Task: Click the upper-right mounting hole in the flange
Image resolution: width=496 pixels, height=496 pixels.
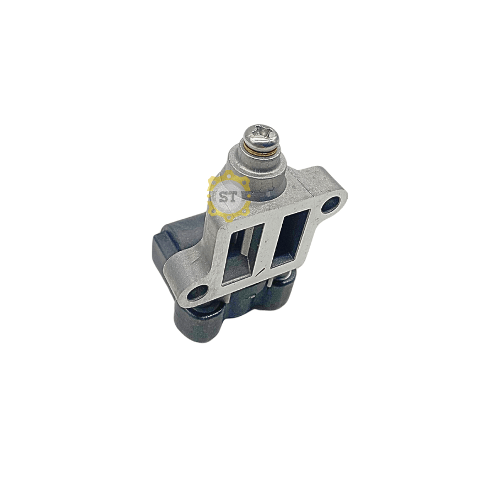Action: click(331, 204)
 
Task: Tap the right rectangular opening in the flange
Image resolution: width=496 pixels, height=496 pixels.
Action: click(290, 238)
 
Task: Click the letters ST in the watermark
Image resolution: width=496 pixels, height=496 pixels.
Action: click(228, 198)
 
